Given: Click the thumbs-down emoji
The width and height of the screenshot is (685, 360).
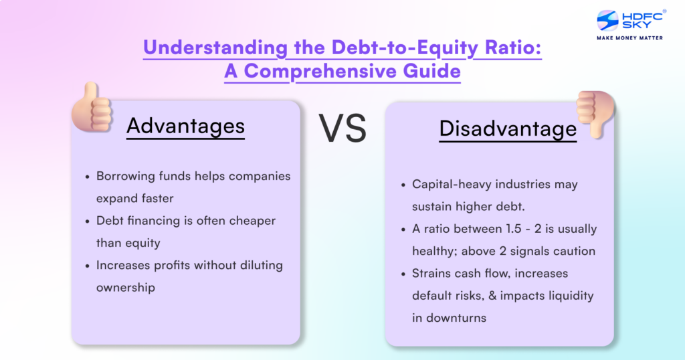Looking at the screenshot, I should (595, 113).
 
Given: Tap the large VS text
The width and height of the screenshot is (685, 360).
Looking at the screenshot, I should (342, 128).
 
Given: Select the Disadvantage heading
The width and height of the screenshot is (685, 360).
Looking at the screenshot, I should (508, 128).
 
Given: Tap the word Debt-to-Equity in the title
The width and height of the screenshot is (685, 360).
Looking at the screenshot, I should (389, 48).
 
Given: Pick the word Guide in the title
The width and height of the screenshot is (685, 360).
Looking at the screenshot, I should (428, 72).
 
